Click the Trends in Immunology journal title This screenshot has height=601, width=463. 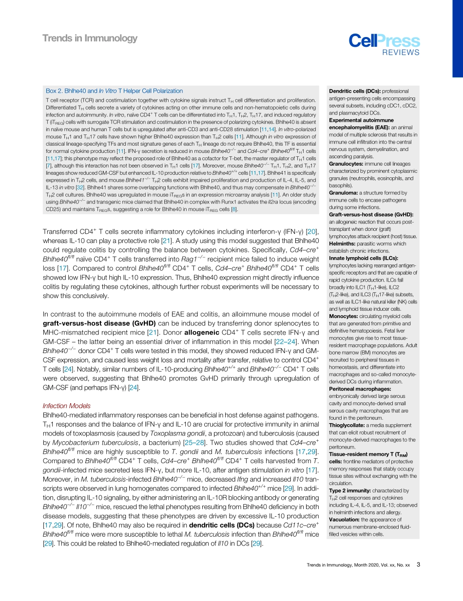pyautogui.click(x=90, y=38)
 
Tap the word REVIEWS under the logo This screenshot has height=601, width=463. pyautogui.click(x=400, y=53)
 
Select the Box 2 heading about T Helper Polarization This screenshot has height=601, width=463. pyautogui.click(x=114, y=91)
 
